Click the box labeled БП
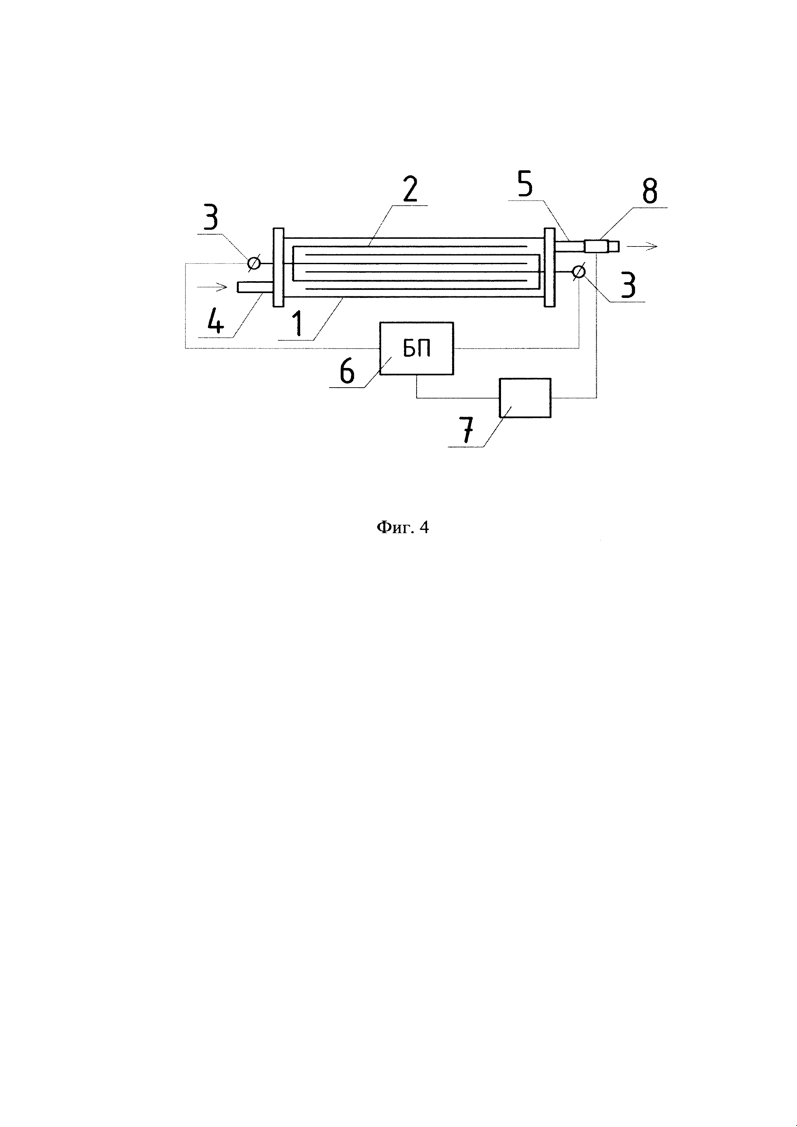(417, 348)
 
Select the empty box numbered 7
(524, 398)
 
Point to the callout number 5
(524, 184)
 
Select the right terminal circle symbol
(579, 271)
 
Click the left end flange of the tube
(278, 267)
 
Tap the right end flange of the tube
(549, 267)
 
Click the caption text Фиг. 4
(402, 528)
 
